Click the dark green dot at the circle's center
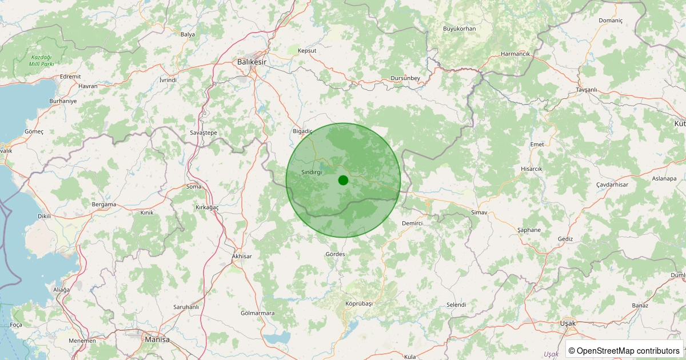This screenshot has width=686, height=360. coord(343,180)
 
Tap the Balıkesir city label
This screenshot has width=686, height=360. coord(252,61)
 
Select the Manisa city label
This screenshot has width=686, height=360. coord(157,339)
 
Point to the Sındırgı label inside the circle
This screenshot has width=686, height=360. coord(312,172)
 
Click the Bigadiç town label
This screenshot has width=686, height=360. coord(302,131)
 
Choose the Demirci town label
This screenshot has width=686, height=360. coord(412,223)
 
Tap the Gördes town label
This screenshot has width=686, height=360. coord(335,254)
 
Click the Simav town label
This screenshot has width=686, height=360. coord(478,213)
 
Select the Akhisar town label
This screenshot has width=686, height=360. coord(242,257)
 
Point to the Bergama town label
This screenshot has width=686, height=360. coord(104,204)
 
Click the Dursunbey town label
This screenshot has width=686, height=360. coord(405,78)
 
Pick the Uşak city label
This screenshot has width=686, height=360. coord(568,323)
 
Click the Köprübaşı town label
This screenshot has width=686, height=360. coord(359,303)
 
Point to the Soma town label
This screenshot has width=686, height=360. coord(194,186)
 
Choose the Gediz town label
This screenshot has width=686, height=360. coord(567,239)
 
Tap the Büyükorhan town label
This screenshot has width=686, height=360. coord(460,29)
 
